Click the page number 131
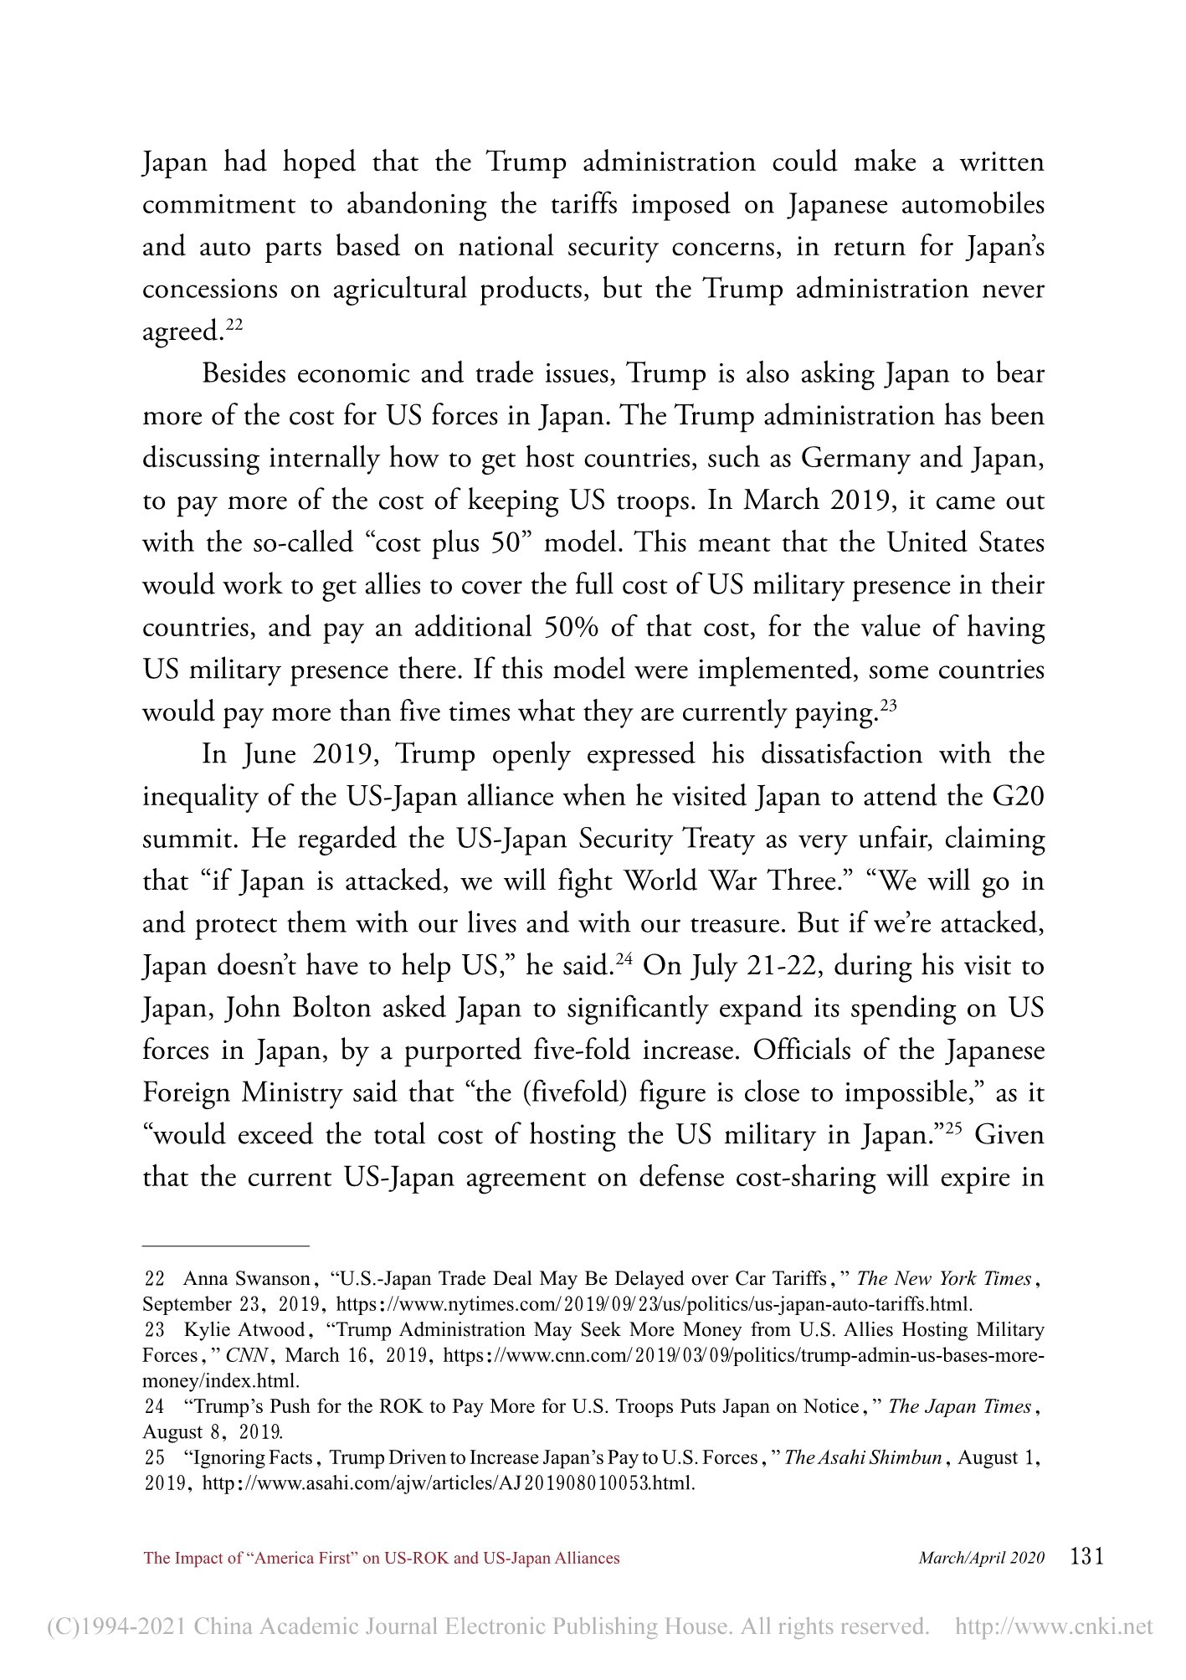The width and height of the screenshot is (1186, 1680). point(1087,1556)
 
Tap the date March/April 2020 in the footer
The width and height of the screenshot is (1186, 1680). point(982,1558)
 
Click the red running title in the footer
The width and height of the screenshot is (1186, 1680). point(382,1558)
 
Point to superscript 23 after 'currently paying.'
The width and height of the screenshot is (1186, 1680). point(888,706)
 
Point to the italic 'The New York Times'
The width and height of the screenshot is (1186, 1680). point(944,1278)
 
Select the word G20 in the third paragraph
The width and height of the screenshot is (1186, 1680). point(1018,795)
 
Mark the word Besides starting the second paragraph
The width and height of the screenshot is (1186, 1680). point(244,372)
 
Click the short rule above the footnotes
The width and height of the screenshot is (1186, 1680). point(226,1246)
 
